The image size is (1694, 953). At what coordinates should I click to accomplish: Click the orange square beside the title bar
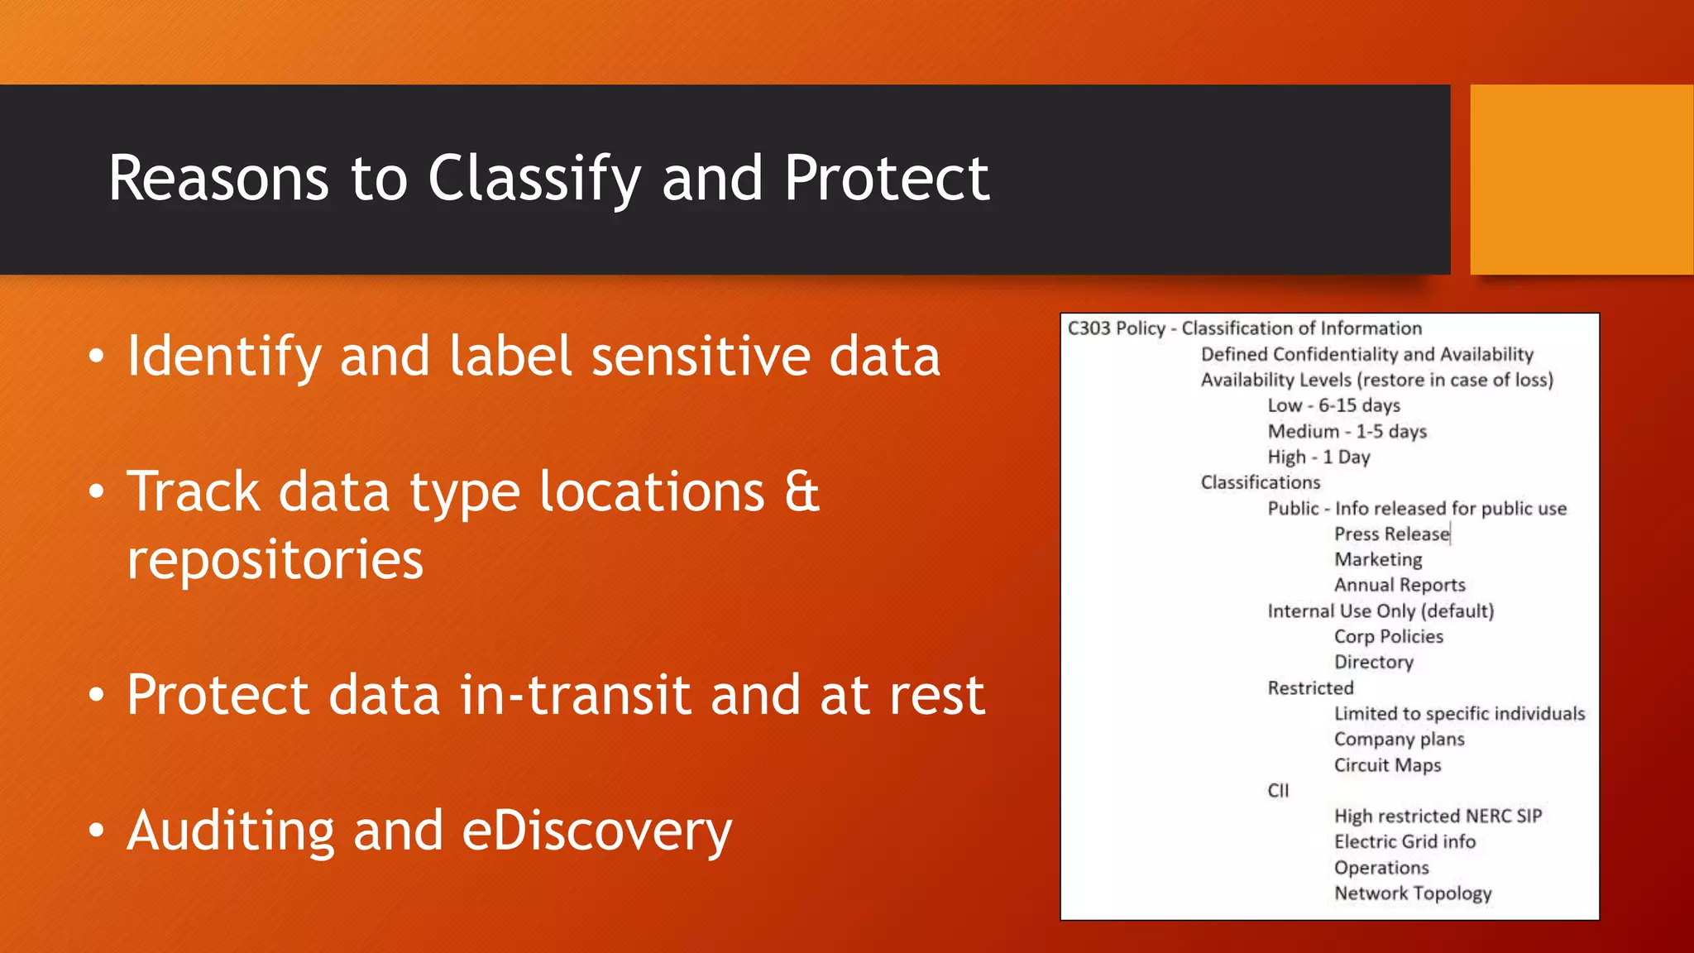(1581, 180)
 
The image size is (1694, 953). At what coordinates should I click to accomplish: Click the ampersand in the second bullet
(802, 491)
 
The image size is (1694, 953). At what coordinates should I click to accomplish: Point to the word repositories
(275, 560)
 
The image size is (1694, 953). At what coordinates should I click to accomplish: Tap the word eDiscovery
(596, 831)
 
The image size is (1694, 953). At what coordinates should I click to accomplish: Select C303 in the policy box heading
(1089, 328)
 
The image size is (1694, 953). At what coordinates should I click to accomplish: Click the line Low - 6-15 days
(1333, 405)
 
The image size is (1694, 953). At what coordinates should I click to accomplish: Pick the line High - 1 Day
(1318, 457)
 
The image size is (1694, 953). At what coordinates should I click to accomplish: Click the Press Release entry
(1391, 534)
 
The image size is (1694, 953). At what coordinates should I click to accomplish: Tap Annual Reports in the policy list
(1399, 585)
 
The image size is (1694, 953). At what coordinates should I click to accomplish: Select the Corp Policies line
(1388, 636)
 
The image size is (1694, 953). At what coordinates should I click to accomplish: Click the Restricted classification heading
(1310, 687)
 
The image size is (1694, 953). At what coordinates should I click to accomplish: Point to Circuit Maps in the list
(1387, 765)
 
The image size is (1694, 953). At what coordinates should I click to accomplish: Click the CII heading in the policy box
(1278, 790)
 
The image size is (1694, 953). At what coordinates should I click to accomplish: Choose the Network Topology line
(1412, 893)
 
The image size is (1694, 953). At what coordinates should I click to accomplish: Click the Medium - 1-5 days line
(1347, 431)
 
